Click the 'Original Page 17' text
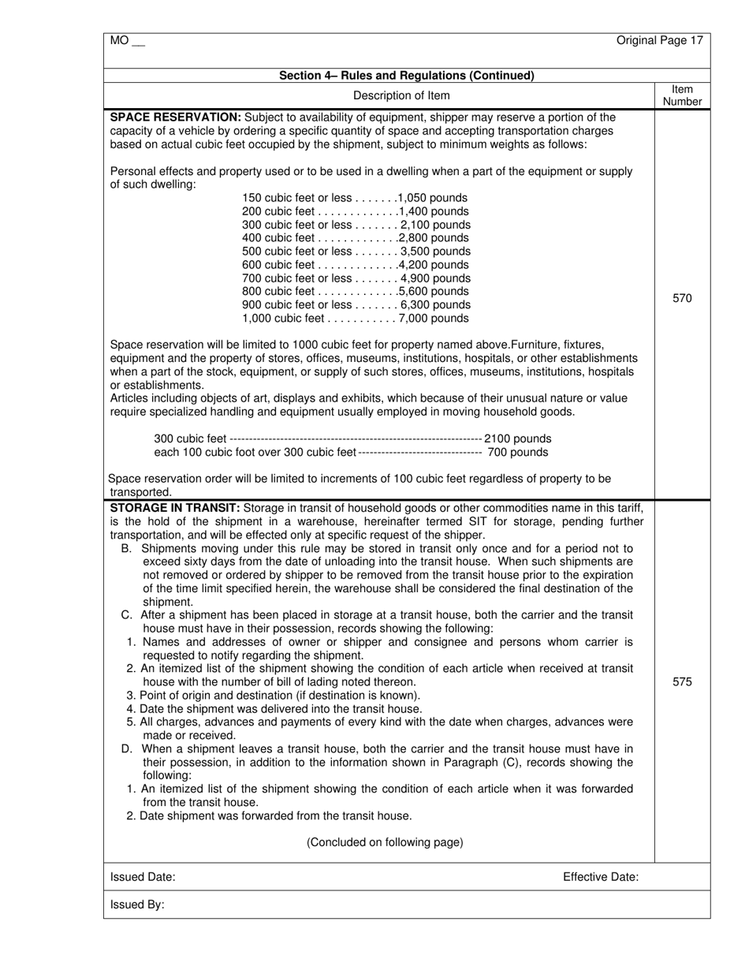[x=659, y=40]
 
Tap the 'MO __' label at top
[x=128, y=40]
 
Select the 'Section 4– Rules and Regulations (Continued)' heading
[x=407, y=76]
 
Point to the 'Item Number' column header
[x=682, y=95]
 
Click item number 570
[x=682, y=298]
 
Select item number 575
[x=682, y=681]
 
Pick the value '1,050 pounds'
[x=433, y=198]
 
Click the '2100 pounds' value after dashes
[x=518, y=438]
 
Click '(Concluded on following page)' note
[x=385, y=842]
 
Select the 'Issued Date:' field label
[x=143, y=877]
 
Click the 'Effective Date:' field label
[x=601, y=877]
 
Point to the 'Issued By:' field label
[x=137, y=905]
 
